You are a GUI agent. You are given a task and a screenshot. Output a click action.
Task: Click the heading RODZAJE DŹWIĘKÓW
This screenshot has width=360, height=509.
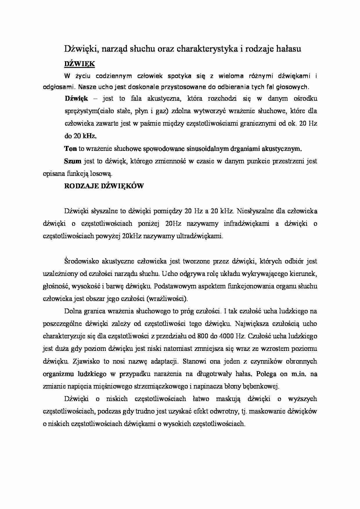[104, 186]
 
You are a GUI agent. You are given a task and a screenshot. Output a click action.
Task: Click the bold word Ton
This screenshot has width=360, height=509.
[70, 149]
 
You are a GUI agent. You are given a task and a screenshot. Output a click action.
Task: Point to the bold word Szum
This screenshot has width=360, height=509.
[73, 161]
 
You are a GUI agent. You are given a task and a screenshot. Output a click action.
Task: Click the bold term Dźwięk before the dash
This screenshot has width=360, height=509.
[76, 98]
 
